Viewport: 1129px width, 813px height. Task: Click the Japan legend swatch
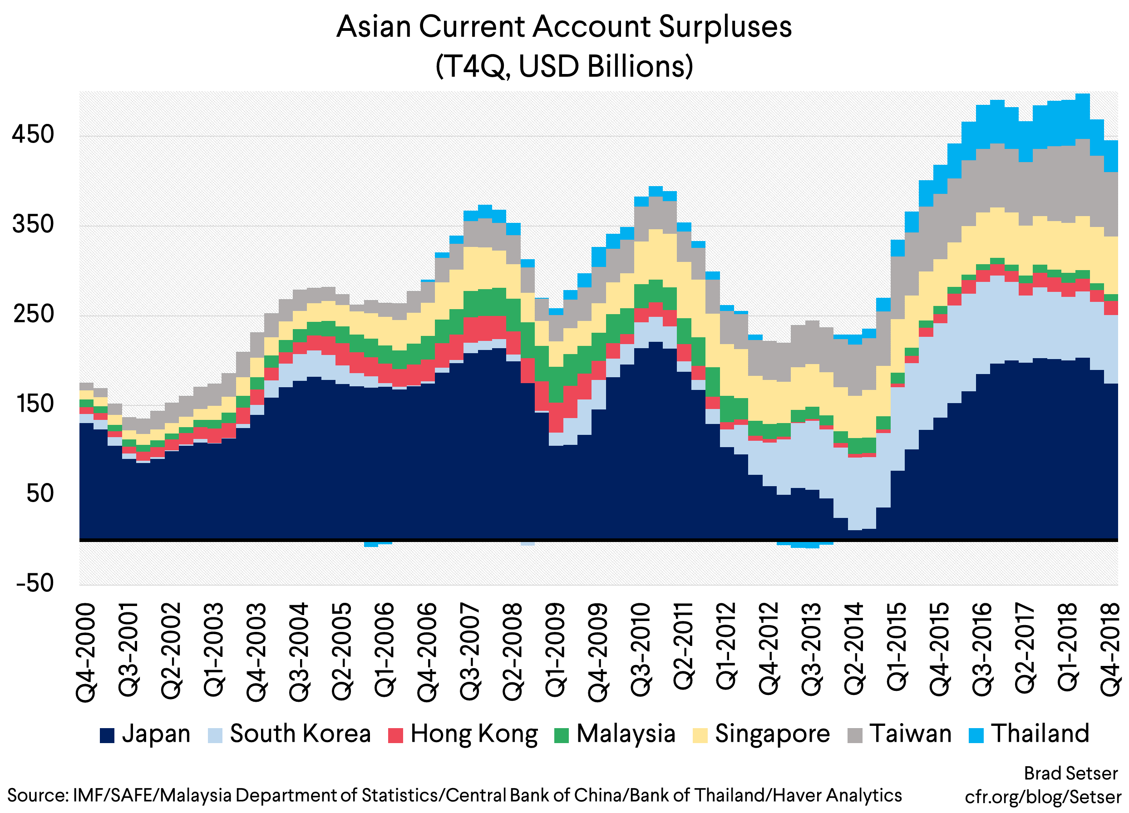tap(107, 735)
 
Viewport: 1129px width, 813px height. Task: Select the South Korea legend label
tap(300, 734)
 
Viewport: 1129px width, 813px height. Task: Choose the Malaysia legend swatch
tap(562, 735)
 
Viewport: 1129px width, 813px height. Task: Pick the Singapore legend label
tap(772, 734)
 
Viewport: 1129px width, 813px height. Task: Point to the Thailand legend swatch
tap(976, 735)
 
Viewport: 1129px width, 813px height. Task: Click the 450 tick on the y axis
tap(33, 134)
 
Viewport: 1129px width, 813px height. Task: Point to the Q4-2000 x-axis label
tap(86, 652)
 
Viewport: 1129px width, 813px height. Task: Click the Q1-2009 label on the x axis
tap(555, 652)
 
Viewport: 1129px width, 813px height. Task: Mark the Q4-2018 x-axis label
tap(1111, 652)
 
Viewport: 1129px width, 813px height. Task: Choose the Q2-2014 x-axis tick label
tap(854, 652)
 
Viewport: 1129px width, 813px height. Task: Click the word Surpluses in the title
tap(725, 27)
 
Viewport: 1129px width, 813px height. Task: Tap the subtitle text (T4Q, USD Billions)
tap(564, 66)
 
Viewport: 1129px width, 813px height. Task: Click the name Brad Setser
tap(1071, 774)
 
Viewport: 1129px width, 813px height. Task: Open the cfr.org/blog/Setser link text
tap(1043, 797)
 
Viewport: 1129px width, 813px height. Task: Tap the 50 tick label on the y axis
tap(40, 493)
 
